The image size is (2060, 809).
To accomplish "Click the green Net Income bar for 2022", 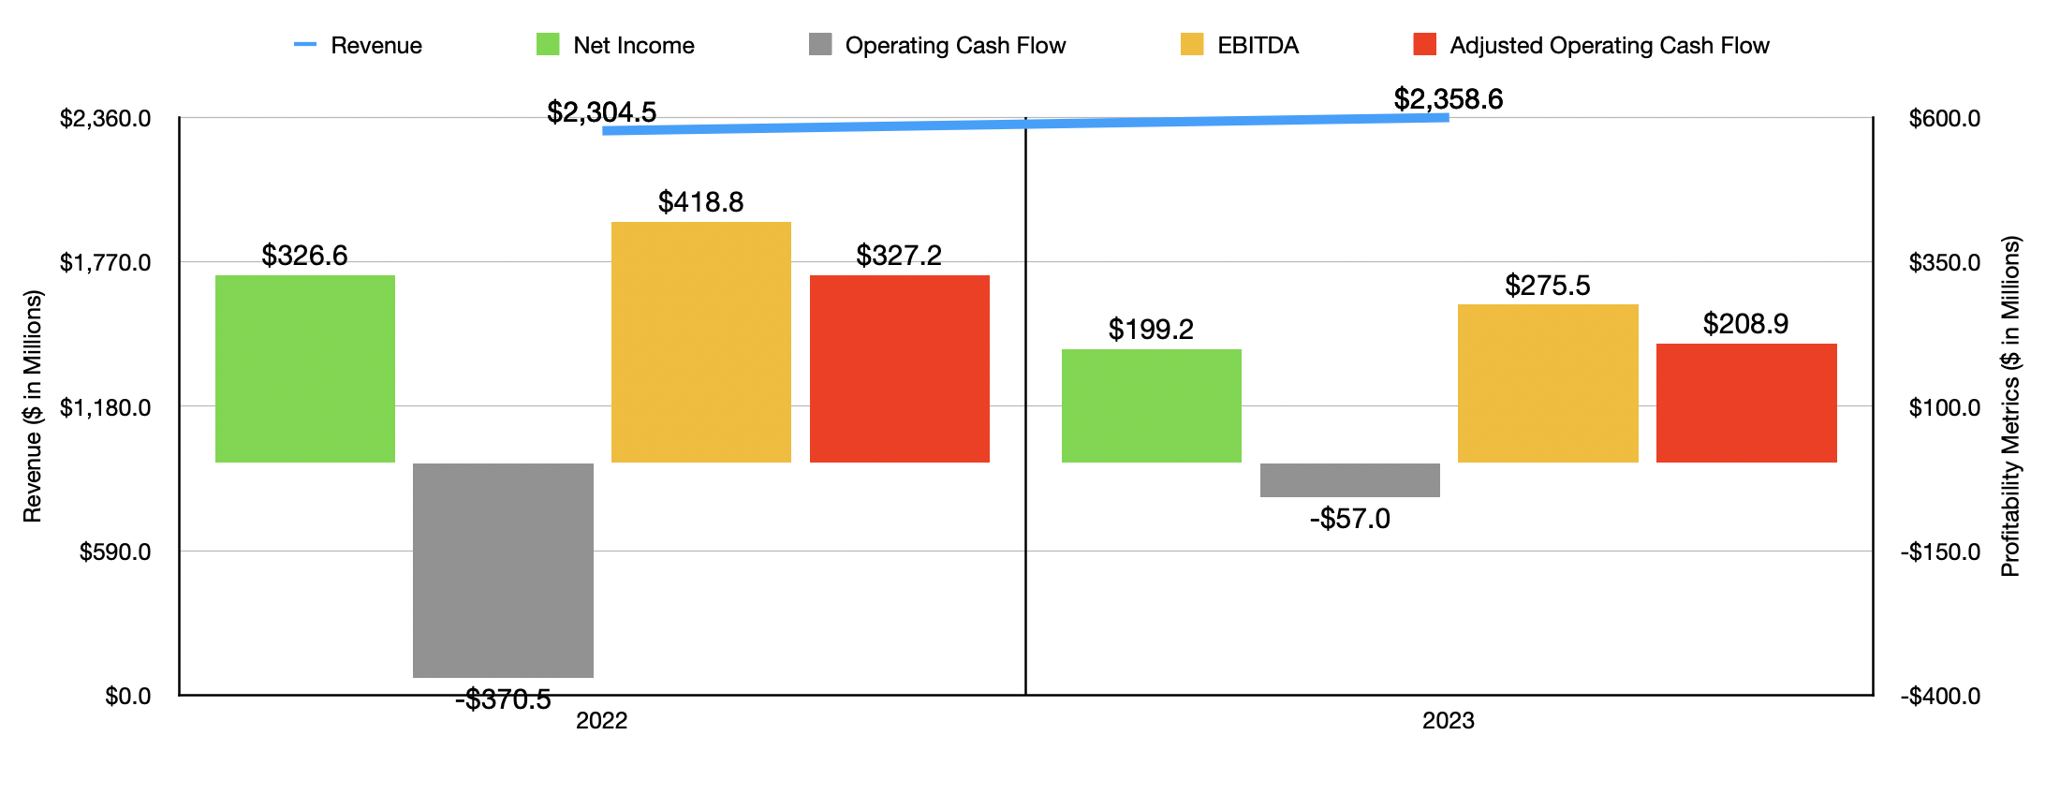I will (305, 368).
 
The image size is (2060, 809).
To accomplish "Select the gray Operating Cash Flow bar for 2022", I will (503, 569).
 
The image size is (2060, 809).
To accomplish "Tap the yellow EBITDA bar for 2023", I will (1548, 383).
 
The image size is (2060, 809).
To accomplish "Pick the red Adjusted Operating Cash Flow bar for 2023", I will (1746, 403).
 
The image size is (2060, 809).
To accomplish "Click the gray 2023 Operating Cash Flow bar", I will (1349, 479).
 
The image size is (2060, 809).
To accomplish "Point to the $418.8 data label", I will (700, 202).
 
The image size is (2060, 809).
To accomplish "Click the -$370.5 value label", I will (503, 699).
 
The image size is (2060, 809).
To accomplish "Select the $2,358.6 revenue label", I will (1448, 99).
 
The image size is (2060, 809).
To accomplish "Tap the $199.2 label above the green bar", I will (1151, 330).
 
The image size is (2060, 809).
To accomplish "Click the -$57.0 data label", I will (1349, 519).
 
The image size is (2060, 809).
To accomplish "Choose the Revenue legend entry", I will (358, 45).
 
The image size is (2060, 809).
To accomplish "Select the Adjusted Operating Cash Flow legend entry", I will (1591, 45).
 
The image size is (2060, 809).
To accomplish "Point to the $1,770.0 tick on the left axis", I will (105, 263).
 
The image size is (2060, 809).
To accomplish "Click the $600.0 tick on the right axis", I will (1945, 119).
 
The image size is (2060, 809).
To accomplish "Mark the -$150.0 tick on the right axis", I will (1940, 552).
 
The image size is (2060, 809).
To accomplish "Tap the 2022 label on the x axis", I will (601, 721).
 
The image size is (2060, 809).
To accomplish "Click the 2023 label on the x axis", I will (1448, 721).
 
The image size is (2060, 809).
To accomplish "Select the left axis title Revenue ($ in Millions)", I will (33, 405).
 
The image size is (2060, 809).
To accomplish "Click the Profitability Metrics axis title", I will (2010, 405).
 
